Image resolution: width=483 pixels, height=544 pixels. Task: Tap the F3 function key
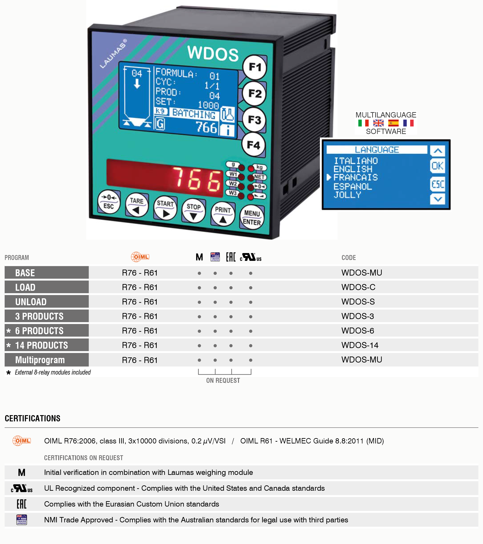(254, 120)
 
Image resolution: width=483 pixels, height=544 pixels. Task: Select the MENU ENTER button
(252, 217)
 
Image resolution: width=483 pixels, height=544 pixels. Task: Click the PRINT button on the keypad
(223, 214)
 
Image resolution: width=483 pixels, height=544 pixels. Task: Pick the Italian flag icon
(363, 123)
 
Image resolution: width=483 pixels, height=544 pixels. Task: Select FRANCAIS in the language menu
(356, 177)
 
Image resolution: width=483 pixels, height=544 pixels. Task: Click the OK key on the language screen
(437, 166)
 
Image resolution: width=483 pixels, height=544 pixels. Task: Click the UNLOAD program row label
(31, 302)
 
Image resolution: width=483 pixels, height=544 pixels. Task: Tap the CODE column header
(349, 258)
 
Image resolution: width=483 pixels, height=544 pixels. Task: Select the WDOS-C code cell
(358, 287)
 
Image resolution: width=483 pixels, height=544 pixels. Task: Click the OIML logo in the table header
(140, 257)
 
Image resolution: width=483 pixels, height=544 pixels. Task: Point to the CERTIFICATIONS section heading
(33, 418)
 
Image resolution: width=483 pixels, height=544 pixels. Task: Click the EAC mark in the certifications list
(22, 504)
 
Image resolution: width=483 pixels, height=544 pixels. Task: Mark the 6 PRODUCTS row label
(39, 331)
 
